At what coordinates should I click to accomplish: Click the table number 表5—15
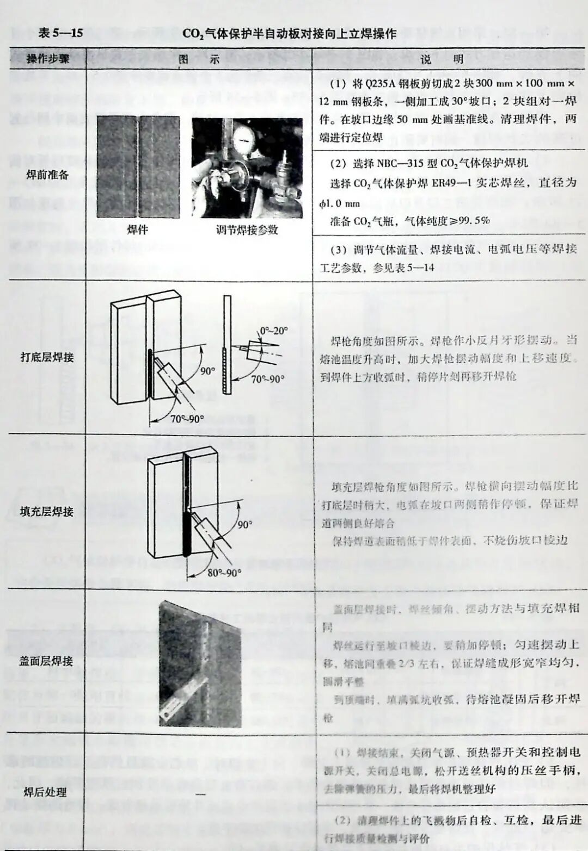point(60,33)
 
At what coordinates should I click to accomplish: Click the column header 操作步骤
point(47,59)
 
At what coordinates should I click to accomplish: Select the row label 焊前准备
point(47,175)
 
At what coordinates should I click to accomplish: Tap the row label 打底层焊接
point(47,357)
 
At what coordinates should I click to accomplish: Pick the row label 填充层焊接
point(47,511)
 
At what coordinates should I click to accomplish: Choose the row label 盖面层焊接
point(46,661)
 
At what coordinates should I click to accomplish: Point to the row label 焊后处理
point(46,792)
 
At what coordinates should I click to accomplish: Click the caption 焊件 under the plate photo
point(137,229)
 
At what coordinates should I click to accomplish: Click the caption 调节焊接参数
point(247,229)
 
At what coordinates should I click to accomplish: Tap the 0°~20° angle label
point(274,331)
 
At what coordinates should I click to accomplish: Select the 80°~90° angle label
point(224,573)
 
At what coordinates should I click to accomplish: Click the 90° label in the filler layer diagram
point(245,524)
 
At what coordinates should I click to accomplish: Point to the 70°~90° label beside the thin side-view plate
point(267,379)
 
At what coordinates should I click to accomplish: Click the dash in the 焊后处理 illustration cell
point(200,795)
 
